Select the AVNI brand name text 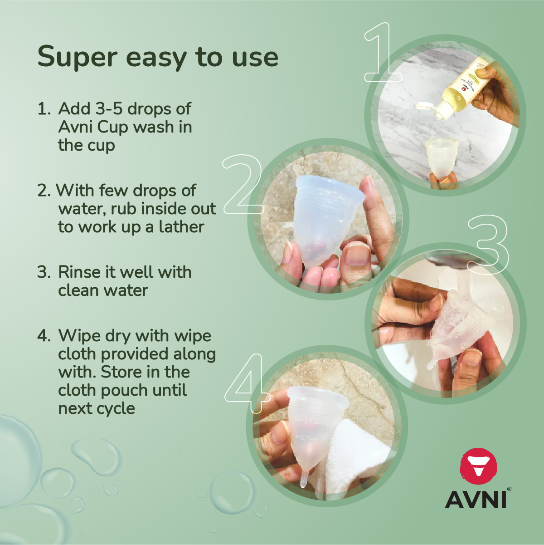point(476,499)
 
